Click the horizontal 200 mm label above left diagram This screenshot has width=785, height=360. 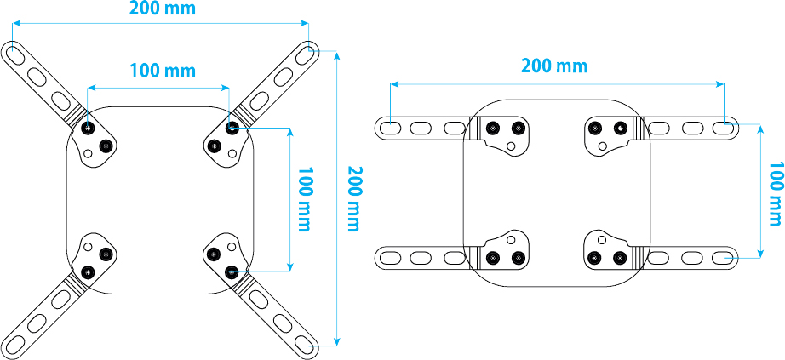pyautogui.click(x=162, y=9)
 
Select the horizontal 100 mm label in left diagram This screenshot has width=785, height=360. pyautogui.click(x=162, y=70)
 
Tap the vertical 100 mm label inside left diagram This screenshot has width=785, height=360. pyautogui.click(x=302, y=199)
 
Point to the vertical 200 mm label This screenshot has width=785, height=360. pyautogui.click(x=352, y=199)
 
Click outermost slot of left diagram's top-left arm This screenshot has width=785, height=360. pyautogui.click(x=17, y=53)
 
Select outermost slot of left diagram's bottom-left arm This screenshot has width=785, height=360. pyautogui.click(x=17, y=344)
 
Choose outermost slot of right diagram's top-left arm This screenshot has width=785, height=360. pyautogui.click(x=389, y=128)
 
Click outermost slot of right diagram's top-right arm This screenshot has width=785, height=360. pyautogui.click(x=723, y=128)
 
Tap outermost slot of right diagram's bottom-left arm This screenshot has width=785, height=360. pyautogui.click(x=389, y=256)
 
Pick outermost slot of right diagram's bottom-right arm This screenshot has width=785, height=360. pyautogui.click(x=723, y=256)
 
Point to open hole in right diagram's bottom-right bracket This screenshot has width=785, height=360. pyautogui.click(x=602, y=238)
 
